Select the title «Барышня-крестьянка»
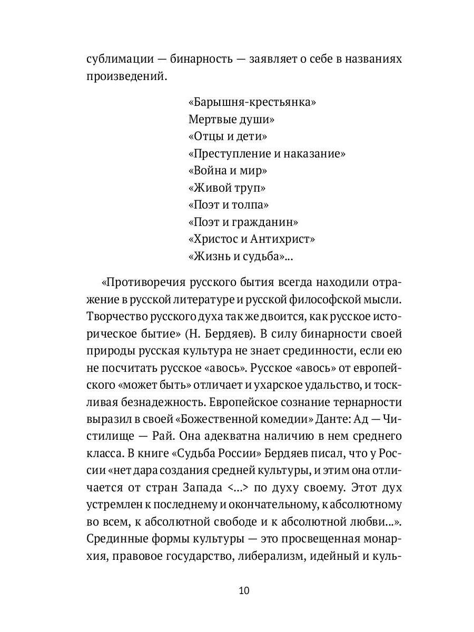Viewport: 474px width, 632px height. (252, 102)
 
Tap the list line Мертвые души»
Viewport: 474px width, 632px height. (231, 120)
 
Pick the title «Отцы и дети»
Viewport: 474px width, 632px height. (228, 136)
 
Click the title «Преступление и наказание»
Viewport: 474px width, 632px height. (266, 154)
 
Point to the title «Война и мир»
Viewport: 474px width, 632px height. (228, 171)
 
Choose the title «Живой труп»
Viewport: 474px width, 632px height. (226, 188)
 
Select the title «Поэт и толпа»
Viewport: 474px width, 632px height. (228, 205)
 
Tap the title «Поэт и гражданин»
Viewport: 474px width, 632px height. (243, 222)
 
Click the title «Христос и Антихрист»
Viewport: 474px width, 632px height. (251, 239)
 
